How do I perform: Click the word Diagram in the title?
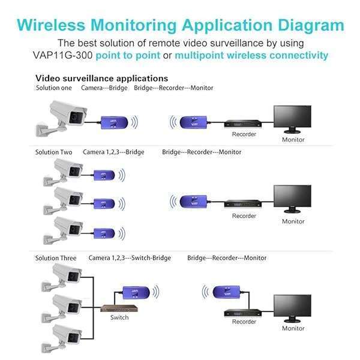pos(311,26)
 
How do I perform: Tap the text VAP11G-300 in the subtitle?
pos(63,55)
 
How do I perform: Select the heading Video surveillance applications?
pos(102,79)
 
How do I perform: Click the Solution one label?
pos(54,88)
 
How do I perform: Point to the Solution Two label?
pos(54,152)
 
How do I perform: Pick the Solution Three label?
pos(56,258)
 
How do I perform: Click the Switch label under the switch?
pos(119,317)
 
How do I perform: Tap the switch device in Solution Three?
pos(119,308)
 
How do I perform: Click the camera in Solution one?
pos(62,118)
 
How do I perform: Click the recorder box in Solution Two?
pos(243,203)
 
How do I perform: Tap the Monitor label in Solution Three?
pos(293,328)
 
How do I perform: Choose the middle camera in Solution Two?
pos(63,201)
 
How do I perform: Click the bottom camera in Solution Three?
pos(62,338)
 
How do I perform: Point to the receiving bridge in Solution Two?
pos(193,202)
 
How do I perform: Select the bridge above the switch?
pos(136,293)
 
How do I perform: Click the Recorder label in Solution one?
pos(244,134)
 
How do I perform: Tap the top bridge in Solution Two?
pos(104,176)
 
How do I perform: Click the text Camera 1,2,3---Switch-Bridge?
pos(130,258)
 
